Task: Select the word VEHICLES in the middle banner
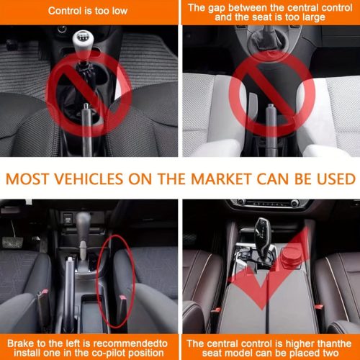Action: tap(89, 179)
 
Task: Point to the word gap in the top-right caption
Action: tap(217, 8)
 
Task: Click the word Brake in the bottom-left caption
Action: tap(20, 343)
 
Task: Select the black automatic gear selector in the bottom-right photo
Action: tap(264, 238)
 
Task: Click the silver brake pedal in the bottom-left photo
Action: tap(12, 243)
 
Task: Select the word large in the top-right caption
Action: tap(314, 17)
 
